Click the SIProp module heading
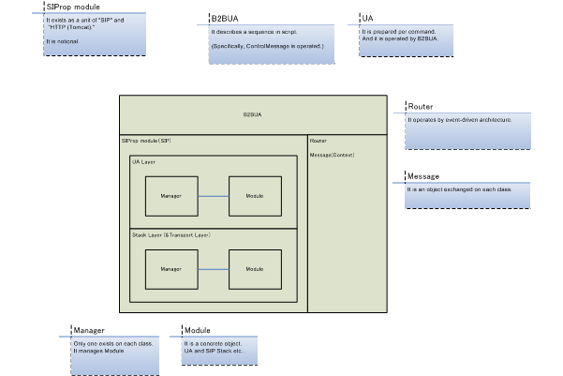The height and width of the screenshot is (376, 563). [73, 7]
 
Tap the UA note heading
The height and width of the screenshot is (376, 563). [367, 19]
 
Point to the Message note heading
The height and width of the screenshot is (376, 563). [423, 176]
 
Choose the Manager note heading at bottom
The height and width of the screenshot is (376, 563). [88, 331]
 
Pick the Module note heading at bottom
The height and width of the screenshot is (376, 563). [197, 331]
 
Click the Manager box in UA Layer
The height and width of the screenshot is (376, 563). [170, 195]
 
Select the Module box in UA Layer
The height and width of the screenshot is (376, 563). [254, 195]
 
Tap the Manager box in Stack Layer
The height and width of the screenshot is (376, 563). [170, 268]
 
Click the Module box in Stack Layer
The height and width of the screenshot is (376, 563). [254, 268]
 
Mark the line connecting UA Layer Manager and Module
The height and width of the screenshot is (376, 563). [213, 195]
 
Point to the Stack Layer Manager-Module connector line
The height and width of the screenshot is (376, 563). [213, 268]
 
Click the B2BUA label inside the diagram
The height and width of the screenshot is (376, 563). [251, 114]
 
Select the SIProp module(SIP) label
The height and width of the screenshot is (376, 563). [146, 140]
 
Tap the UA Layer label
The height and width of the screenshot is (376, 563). [143, 161]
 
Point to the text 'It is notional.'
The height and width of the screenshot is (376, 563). [62, 43]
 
